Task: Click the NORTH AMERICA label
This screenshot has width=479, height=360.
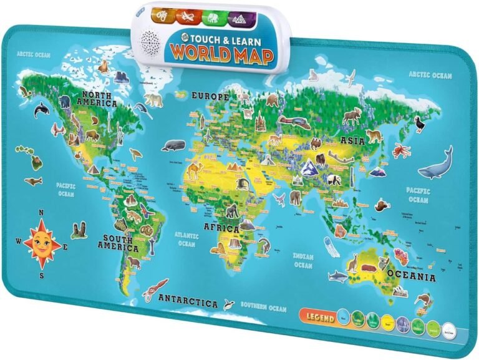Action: (x=97, y=100)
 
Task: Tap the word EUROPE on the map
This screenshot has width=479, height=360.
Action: (x=210, y=97)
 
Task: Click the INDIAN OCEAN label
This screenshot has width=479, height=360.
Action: (x=302, y=260)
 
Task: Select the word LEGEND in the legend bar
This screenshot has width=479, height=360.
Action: (x=319, y=317)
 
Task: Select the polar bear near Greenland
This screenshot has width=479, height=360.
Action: (x=153, y=99)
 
